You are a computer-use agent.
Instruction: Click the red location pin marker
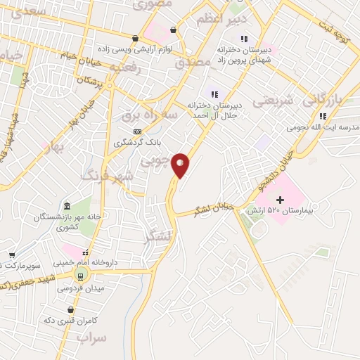coord(181,165)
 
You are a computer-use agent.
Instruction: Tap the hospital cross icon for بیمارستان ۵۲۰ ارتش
coord(279,200)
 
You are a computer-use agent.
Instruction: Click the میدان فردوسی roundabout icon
coord(80,276)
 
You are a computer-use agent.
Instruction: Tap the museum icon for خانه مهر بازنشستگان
coord(67,206)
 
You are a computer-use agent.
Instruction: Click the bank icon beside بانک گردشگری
coord(136,131)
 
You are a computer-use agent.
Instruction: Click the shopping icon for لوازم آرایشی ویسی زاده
coord(134,39)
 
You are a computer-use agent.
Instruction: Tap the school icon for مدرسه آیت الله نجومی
coord(322,117)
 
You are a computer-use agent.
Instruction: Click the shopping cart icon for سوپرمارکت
coord(12,255)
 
